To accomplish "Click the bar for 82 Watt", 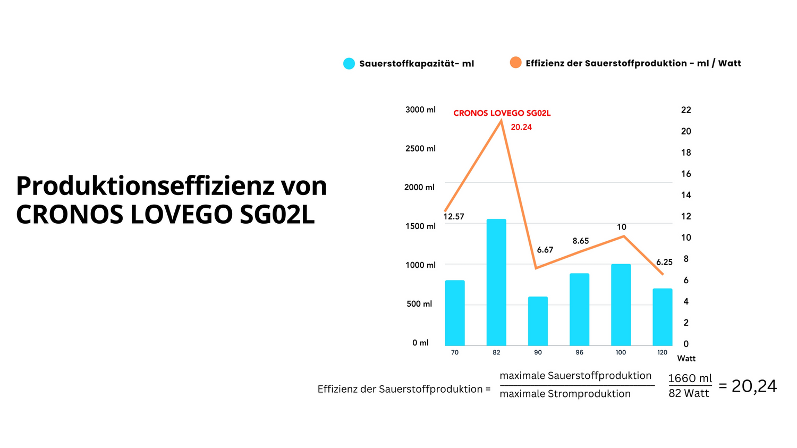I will tap(496, 282).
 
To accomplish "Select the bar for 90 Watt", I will tap(538, 321).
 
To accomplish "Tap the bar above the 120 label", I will tap(663, 317).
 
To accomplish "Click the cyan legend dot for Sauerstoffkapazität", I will tap(349, 64).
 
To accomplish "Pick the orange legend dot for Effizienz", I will tap(515, 63).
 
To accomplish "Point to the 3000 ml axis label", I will tap(420, 109).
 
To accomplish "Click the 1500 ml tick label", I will tap(420, 226).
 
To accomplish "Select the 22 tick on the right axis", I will tap(686, 110).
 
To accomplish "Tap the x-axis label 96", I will tap(579, 352).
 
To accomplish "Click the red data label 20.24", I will tap(521, 127).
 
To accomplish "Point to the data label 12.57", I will tap(454, 217).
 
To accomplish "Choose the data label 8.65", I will tap(581, 241).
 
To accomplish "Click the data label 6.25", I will tap(664, 262).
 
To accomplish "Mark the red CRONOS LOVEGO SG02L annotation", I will tap(502, 113).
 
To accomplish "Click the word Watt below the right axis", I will tap(686, 359).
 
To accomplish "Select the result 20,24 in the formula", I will tap(754, 386).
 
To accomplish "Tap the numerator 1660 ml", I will tap(690, 378).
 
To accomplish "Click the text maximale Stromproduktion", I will tap(565, 394).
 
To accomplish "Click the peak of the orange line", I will tap(501, 121).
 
